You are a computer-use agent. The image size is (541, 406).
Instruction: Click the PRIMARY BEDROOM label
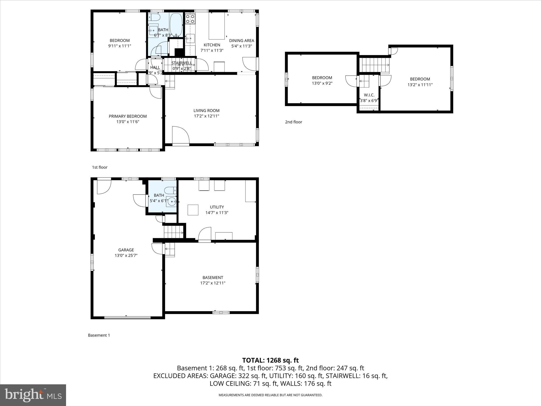[x=128, y=116]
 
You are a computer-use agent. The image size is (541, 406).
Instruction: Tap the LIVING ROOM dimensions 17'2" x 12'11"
[x=206, y=116]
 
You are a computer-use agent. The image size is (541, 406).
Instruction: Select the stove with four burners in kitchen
[x=190, y=19]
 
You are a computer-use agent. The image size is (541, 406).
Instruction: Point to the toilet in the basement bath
[x=170, y=190]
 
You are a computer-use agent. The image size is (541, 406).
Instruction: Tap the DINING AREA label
[x=241, y=40]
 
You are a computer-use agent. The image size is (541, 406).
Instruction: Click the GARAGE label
[x=126, y=250]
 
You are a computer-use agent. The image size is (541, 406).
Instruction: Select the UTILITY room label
[x=217, y=207]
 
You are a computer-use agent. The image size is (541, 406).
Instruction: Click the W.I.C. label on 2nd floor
[x=369, y=95]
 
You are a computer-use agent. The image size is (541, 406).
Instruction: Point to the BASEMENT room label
[x=213, y=278]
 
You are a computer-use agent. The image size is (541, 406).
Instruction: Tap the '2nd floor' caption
[x=293, y=122]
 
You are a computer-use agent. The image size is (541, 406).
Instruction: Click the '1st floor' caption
[x=100, y=167]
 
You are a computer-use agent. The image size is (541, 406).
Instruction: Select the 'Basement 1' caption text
[x=99, y=335]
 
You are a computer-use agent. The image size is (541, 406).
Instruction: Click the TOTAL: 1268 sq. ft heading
[x=270, y=360]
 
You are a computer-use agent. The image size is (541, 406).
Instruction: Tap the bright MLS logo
[x=33, y=395]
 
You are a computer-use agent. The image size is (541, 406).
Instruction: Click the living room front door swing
[x=180, y=135]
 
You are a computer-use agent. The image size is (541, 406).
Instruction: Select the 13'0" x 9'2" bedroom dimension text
[x=322, y=83]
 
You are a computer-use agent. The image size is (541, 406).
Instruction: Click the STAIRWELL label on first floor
[x=182, y=63]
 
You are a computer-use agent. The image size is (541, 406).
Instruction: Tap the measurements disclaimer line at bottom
[x=270, y=395]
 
